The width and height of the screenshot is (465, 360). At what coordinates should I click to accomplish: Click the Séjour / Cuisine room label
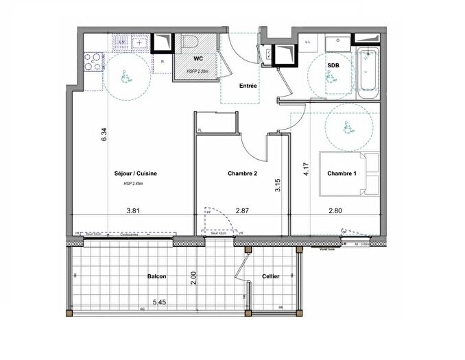click(136, 173)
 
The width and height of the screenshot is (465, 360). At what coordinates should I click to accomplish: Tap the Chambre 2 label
click(242, 173)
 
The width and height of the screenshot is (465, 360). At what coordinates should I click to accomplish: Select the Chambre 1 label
click(342, 173)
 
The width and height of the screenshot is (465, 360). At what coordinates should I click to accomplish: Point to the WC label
click(198, 60)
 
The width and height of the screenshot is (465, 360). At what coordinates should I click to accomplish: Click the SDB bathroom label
click(333, 65)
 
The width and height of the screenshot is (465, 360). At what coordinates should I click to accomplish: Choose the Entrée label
click(248, 86)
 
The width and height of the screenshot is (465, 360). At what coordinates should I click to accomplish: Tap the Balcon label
click(157, 276)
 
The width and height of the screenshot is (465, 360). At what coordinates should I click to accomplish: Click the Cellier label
click(270, 276)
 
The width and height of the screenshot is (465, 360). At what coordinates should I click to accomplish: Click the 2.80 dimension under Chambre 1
click(335, 212)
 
